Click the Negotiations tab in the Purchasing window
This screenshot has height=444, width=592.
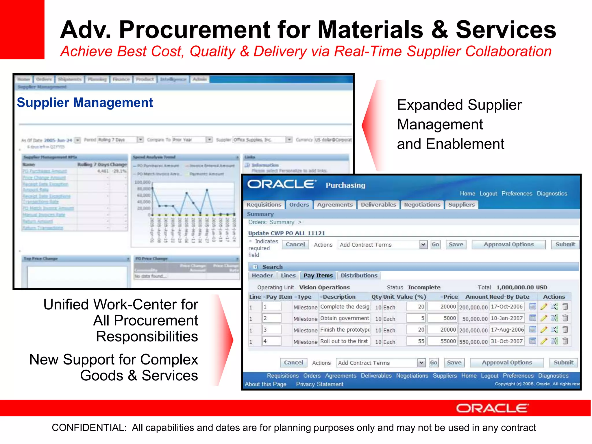click(422, 205)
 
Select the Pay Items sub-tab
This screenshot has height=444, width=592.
click(318, 275)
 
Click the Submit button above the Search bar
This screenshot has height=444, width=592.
click(565, 245)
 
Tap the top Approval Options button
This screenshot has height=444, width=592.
click(508, 245)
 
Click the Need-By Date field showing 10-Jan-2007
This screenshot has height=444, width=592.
click(507, 318)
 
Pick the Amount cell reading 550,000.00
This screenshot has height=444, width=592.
click(473, 342)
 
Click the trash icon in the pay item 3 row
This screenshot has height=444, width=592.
click(565, 330)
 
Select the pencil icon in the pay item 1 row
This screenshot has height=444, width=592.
click(544, 307)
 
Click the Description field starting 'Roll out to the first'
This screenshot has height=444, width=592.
click(344, 341)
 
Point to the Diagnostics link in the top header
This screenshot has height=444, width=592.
click(552, 194)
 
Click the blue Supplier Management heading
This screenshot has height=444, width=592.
click(85, 103)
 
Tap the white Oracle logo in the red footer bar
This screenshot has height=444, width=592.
click(492, 408)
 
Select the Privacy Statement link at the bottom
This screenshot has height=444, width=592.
click(319, 384)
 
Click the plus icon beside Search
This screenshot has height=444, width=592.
click(255, 267)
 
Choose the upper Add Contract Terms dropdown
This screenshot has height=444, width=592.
click(382, 245)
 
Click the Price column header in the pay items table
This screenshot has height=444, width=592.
click(450, 297)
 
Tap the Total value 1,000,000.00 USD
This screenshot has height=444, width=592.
click(521, 287)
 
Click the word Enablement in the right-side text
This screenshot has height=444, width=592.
click(465, 144)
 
